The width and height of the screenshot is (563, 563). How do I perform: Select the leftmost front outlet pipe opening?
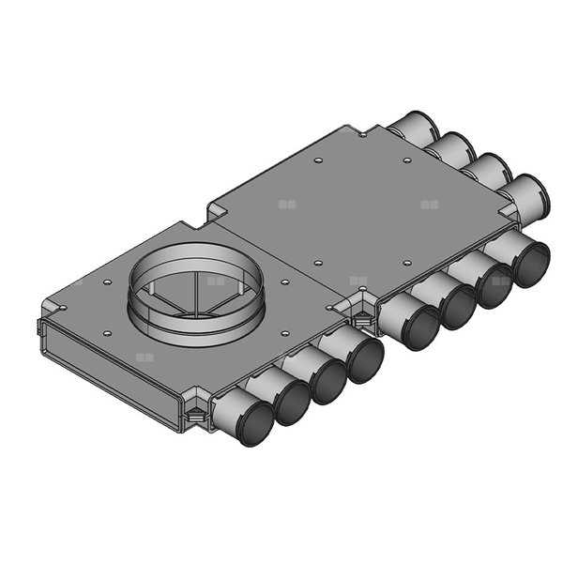point(253,425)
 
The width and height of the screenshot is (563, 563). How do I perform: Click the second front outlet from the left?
point(292,403)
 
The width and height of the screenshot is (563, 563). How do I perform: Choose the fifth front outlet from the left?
point(418,328)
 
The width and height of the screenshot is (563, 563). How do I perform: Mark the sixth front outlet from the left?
point(457,307)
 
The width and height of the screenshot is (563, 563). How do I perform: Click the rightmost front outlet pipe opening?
point(530,263)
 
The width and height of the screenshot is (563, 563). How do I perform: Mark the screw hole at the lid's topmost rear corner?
point(362,135)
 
